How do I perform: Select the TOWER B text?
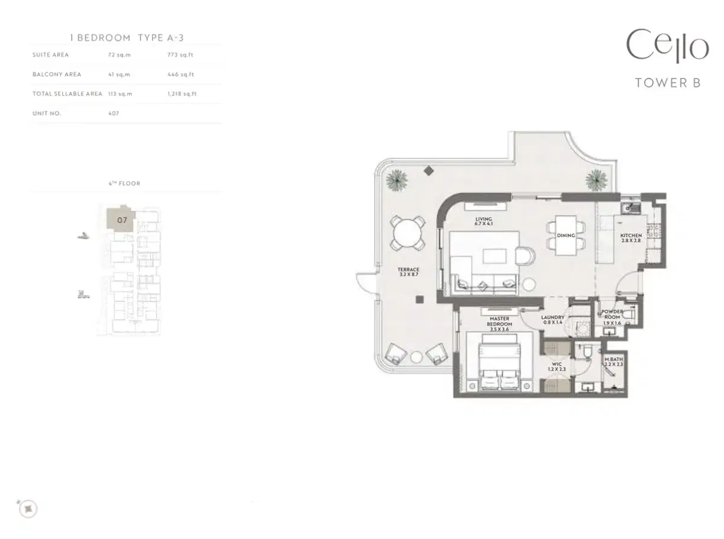point(667,83)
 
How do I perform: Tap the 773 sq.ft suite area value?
point(180,55)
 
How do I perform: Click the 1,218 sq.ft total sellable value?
point(182,94)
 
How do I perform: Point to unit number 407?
point(113,113)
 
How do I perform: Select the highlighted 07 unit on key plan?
point(122,220)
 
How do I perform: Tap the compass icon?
point(28,509)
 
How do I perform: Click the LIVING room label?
point(483,222)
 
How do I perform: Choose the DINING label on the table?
point(565,236)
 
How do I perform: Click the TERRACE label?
point(408,272)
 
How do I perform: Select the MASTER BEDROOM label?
point(499,324)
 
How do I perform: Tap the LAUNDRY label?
point(553,320)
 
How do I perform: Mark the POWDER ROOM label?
point(612,317)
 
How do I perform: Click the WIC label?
point(557,366)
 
